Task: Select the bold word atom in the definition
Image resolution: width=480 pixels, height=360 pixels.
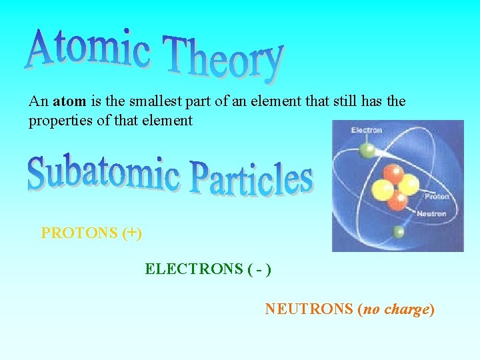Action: [69, 101]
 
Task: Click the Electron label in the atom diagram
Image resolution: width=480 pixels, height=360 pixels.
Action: [367, 130]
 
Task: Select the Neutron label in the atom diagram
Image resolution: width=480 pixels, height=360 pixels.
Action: [431, 214]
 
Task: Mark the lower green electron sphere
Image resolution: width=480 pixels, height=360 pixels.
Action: [399, 232]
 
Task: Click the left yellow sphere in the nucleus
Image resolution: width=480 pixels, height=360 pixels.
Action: [383, 190]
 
